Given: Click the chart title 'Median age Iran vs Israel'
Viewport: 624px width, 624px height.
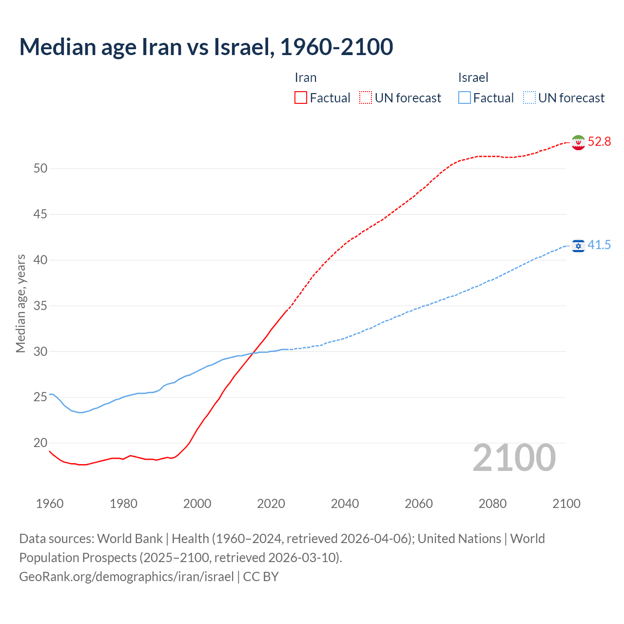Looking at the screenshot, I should [x=206, y=47].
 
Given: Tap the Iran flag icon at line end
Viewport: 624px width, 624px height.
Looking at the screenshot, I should [x=578, y=142].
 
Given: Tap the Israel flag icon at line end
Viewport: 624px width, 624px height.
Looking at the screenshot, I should [x=578, y=246].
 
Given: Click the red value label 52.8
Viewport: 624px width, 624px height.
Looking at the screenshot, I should [x=599, y=142].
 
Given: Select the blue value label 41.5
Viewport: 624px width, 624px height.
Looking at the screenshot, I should [x=599, y=245].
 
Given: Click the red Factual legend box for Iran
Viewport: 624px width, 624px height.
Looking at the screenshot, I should [x=301, y=98].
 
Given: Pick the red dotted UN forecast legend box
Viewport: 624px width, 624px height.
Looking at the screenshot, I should [x=366, y=98].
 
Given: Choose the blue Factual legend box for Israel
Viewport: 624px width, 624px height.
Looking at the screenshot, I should [x=465, y=98].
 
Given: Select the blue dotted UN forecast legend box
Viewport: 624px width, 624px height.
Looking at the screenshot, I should [x=529, y=98].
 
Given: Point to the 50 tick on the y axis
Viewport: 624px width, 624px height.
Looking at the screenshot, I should [x=40, y=169].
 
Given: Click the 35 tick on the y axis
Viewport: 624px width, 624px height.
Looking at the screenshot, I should [x=40, y=306].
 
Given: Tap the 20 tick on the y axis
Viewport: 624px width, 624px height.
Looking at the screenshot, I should [x=40, y=443].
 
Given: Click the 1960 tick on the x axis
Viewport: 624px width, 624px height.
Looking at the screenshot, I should [x=50, y=504].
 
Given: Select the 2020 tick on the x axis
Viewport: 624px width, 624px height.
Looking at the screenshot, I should [x=271, y=504].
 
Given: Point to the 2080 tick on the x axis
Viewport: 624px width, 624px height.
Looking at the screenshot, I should [x=492, y=504].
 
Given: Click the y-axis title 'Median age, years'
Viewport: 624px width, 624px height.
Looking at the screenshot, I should [x=20, y=303].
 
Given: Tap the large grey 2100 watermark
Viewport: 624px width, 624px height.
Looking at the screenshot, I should [x=514, y=458].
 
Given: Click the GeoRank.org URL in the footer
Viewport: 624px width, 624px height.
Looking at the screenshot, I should [x=126, y=577].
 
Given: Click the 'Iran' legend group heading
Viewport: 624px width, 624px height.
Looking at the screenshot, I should [x=306, y=78].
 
